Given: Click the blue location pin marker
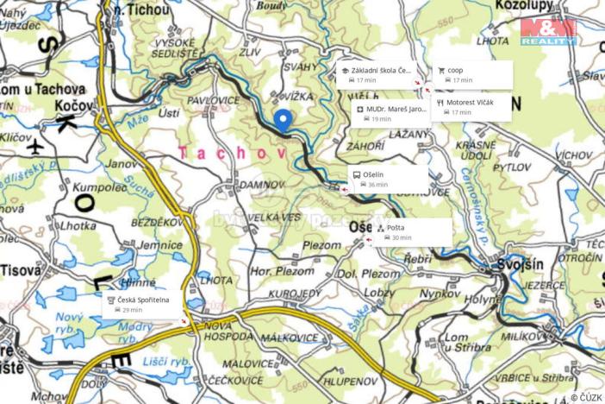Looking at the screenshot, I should [x=282, y=122].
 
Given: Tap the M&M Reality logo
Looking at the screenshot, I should [x=547, y=31].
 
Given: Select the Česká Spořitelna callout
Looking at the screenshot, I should [x=143, y=304].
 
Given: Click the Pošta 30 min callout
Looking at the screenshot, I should [x=411, y=232].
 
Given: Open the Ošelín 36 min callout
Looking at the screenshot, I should [x=387, y=179].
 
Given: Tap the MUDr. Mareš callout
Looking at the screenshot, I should [x=391, y=114].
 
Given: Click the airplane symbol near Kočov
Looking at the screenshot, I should [x=35, y=145].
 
